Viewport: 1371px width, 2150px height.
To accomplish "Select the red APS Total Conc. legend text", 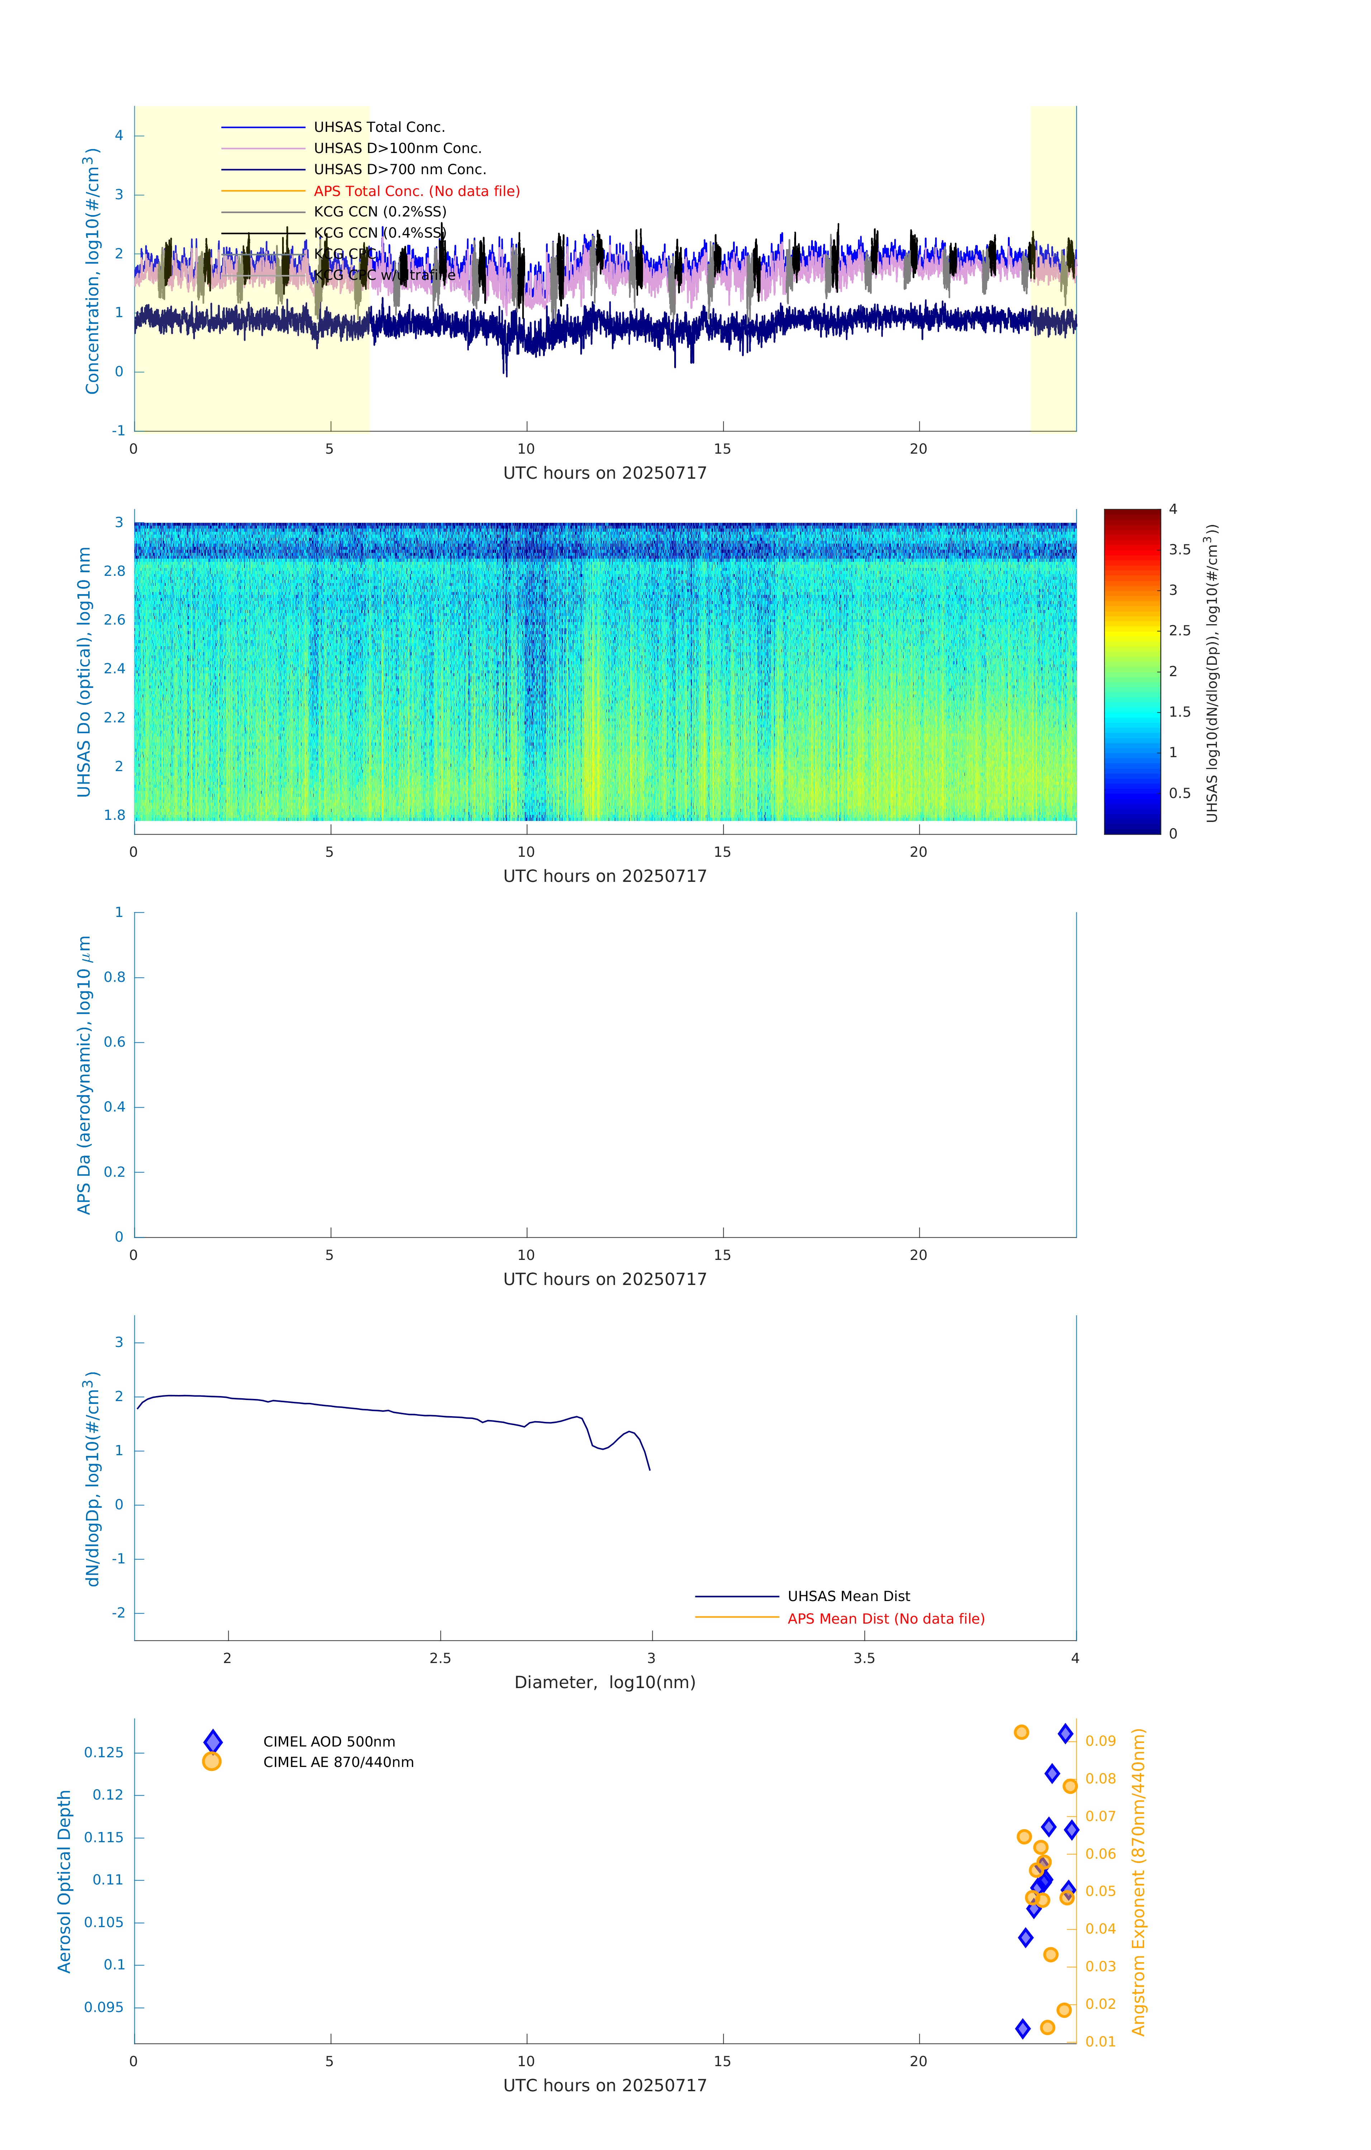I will click(416, 191).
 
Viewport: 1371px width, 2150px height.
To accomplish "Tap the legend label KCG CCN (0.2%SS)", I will click(380, 212).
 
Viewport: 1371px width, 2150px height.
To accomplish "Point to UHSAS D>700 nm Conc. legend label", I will click(399, 169).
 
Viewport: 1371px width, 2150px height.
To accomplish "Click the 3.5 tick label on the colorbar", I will click(1179, 550).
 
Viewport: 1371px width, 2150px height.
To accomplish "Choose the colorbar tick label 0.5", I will click(1179, 793).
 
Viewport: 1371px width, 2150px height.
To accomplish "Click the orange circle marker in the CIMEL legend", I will click(212, 1762).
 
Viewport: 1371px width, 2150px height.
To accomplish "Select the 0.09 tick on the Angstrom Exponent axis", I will click(1100, 1741).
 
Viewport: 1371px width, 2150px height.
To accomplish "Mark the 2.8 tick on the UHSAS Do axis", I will click(114, 572).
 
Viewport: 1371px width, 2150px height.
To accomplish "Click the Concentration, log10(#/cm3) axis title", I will click(91, 271).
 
